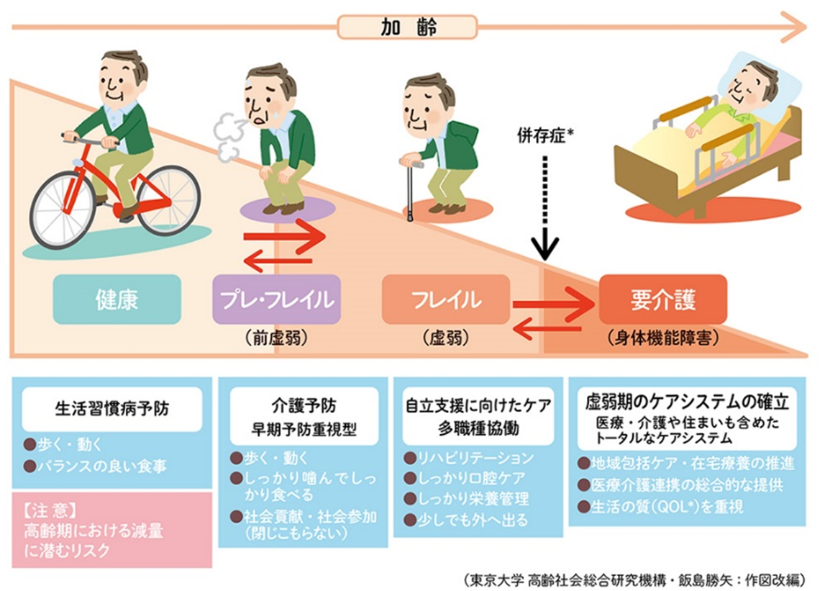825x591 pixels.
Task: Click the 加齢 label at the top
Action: point(408,27)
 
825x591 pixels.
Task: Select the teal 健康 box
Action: point(117,299)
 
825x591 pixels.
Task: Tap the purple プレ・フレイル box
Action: point(276,299)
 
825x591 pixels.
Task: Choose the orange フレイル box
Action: point(446,299)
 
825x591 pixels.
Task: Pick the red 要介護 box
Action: point(663,299)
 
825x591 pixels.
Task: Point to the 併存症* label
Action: point(545,136)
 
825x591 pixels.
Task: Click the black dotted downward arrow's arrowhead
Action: point(545,248)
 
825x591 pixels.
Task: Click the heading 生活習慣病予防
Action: point(112,408)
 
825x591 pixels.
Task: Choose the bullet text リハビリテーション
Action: point(475,458)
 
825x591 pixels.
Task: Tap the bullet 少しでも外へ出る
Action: point(472,520)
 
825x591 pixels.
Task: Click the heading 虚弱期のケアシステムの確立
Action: point(687,402)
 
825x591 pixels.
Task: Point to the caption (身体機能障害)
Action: point(663,338)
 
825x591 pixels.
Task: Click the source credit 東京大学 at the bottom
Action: point(494,580)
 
